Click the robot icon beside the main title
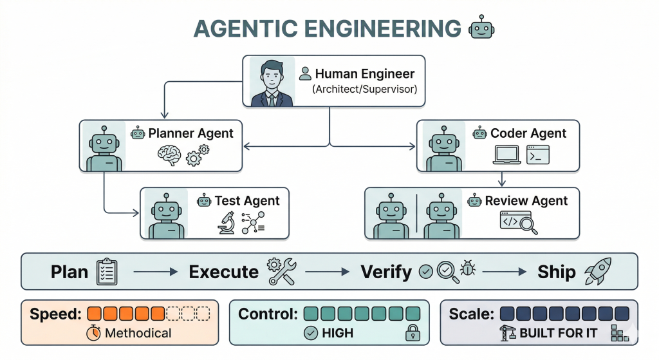(482, 28)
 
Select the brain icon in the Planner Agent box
(169, 155)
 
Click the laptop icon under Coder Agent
(507, 155)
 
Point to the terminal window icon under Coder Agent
(538, 155)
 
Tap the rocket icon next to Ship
(597, 272)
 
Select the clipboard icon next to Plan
(106, 272)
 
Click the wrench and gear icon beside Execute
(281, 272)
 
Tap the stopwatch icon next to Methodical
(94, 333)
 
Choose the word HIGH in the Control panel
(337, 333)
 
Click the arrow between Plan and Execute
(154, 272)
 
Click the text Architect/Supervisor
(364, 90)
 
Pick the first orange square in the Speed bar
(95, 314)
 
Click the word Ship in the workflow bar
(557, 272)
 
